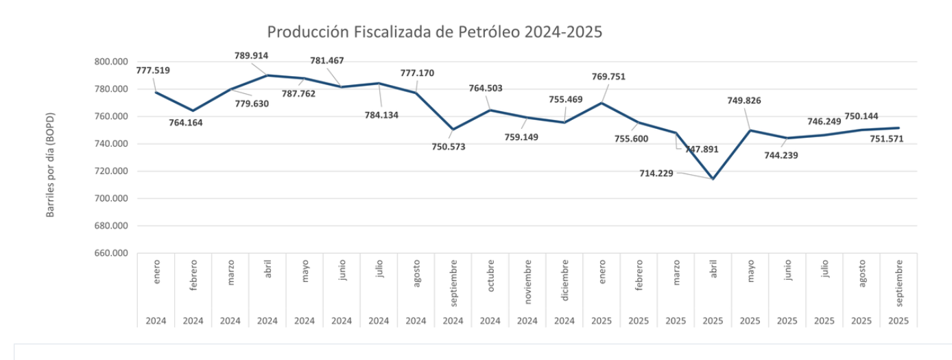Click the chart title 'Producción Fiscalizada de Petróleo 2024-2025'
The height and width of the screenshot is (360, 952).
click(434, 32)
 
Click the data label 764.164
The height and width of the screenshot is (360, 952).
click(186, 123)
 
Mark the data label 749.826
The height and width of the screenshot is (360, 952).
click(744, 101)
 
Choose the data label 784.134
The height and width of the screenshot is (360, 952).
click(381, 115)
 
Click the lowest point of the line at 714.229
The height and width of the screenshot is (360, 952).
click(713, 179)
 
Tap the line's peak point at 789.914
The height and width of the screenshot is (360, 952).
click(267, 75)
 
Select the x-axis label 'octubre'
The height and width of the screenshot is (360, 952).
click(490, 276)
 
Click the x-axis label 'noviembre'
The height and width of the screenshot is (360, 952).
click(527, 282)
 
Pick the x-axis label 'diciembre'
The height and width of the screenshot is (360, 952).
click(564, 280)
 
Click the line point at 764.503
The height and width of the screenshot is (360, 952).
click(490, 110)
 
